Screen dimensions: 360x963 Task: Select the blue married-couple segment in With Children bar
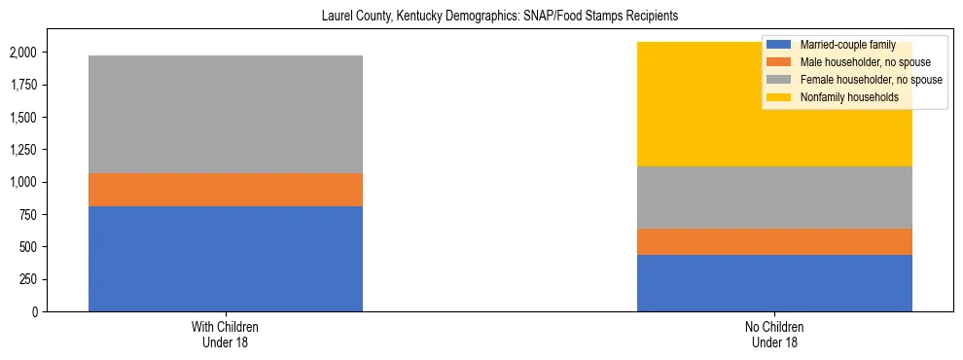coord(226,259)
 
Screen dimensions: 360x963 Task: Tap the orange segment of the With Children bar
coord(226,190)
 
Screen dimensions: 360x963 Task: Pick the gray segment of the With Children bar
coord(226,114)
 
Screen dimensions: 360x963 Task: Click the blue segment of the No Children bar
coord(774,283)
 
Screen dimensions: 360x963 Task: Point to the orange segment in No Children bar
coord(774,241)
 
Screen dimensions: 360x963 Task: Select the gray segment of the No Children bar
coord(774,198)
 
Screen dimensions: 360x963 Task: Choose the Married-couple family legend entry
coord(845,45)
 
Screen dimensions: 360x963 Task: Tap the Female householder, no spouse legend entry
coord(865,80)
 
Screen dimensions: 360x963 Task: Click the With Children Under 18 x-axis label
coord(226,334)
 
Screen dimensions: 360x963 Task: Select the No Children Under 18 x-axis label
coord(774,334)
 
